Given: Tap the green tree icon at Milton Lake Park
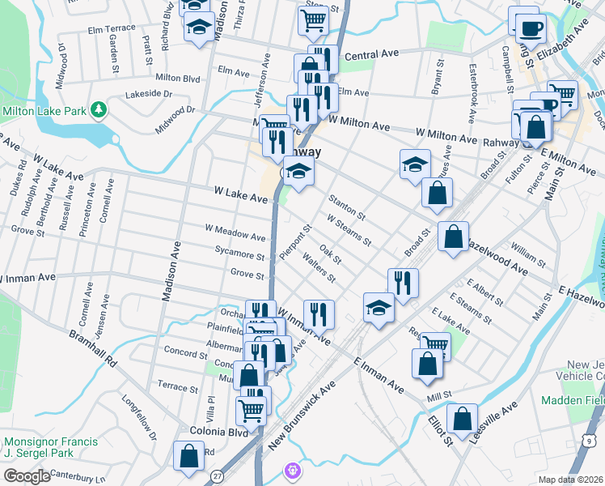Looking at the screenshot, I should pos(98,109).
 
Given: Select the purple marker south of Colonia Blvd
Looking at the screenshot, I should pos(293,469).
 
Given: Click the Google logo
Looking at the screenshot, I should pos(27,475).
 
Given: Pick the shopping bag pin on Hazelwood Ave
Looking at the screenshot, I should pos(453,237).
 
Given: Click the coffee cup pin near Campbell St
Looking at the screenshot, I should pos(530,28).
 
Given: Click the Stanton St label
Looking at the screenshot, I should pos(347,206).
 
